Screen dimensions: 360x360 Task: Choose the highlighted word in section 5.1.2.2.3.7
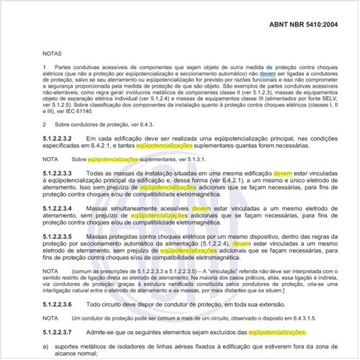point(277,332)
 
